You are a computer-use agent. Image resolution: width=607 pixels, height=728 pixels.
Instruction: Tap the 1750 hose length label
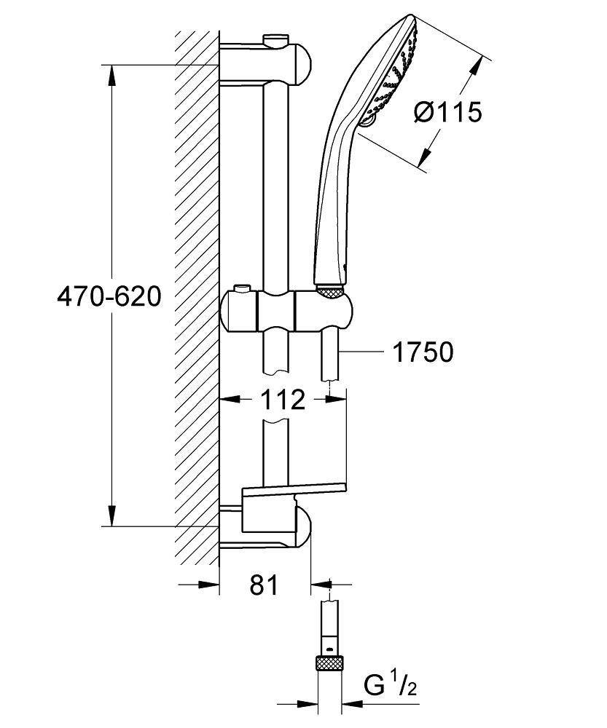click(x=423, y=352)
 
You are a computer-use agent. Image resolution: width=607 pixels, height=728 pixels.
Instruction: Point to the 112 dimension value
click(x=283, y=399)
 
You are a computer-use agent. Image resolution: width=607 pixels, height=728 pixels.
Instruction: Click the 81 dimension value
click(x=263, y=584)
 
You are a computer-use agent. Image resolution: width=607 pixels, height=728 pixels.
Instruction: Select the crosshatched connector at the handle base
click(x=330, y=291)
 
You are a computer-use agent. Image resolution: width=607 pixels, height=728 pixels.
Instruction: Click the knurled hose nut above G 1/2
click(x=331, y=663)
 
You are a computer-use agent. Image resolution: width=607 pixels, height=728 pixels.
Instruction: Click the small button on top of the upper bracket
click(x=276, y=39)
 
